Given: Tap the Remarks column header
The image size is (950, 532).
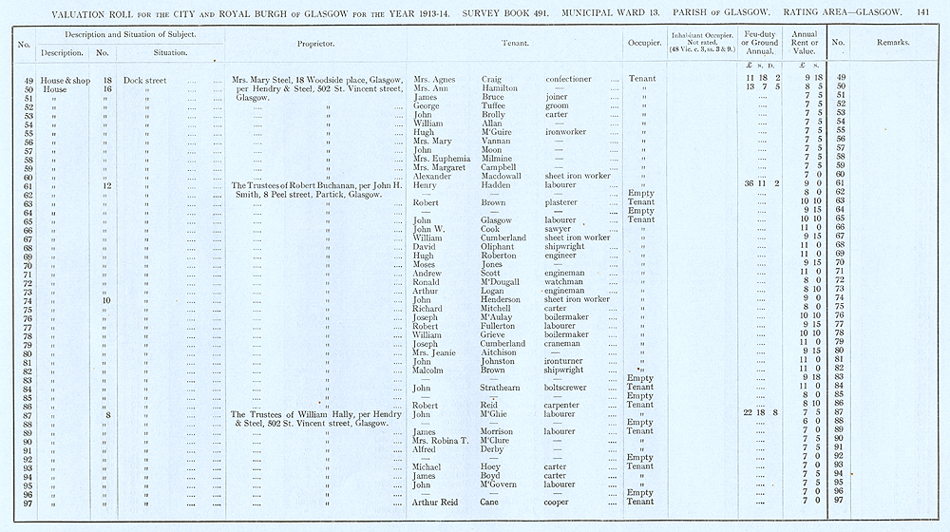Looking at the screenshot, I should coord(893,44).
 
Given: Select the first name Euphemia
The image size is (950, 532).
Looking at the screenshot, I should coord(450,158).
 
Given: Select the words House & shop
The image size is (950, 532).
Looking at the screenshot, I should coord(66,80).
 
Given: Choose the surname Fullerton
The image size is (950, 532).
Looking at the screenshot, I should coord(501,325).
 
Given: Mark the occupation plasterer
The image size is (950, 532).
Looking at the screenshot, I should coord(566,202).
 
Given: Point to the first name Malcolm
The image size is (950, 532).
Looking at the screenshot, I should coord(432,370).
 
